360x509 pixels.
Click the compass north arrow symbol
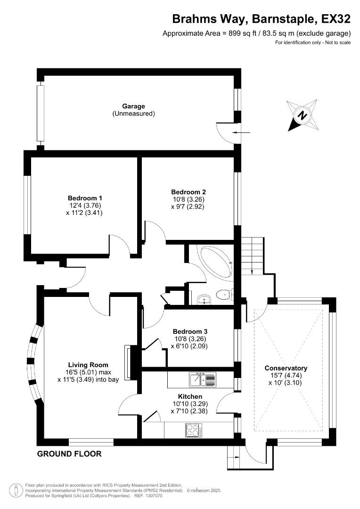[303, 115]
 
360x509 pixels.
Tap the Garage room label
[133, 107]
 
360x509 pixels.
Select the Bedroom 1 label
[85, 198]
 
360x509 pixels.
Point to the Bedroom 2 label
[188, 192]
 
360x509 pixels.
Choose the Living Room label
[88, 365]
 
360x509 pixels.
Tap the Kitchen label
[190, 396]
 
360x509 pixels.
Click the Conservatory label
[286, 368]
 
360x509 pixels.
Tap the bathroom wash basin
[203, 298]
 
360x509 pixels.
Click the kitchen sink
[202, 379]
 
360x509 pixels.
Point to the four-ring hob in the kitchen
[194, 430]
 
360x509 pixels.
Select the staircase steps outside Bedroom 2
[253, 255]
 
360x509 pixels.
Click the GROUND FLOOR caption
[69, 454]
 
